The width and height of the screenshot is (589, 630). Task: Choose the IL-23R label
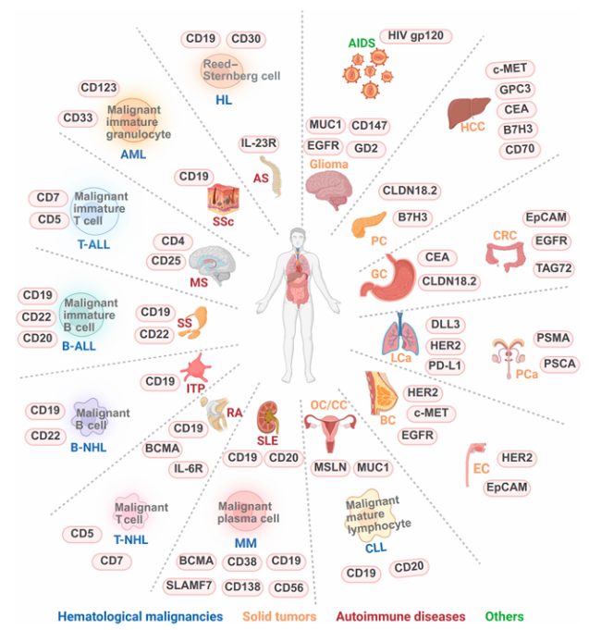[x=262, y=143]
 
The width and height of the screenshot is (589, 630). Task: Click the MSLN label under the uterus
[x=328, y=468]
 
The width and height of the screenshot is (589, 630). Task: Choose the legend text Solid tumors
[x=279, y=615]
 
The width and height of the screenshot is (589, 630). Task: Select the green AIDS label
[x=361, y=43]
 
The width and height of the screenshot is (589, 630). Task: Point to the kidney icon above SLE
[x=268, y=412]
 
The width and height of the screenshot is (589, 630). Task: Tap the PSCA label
[x=558, y=364]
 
